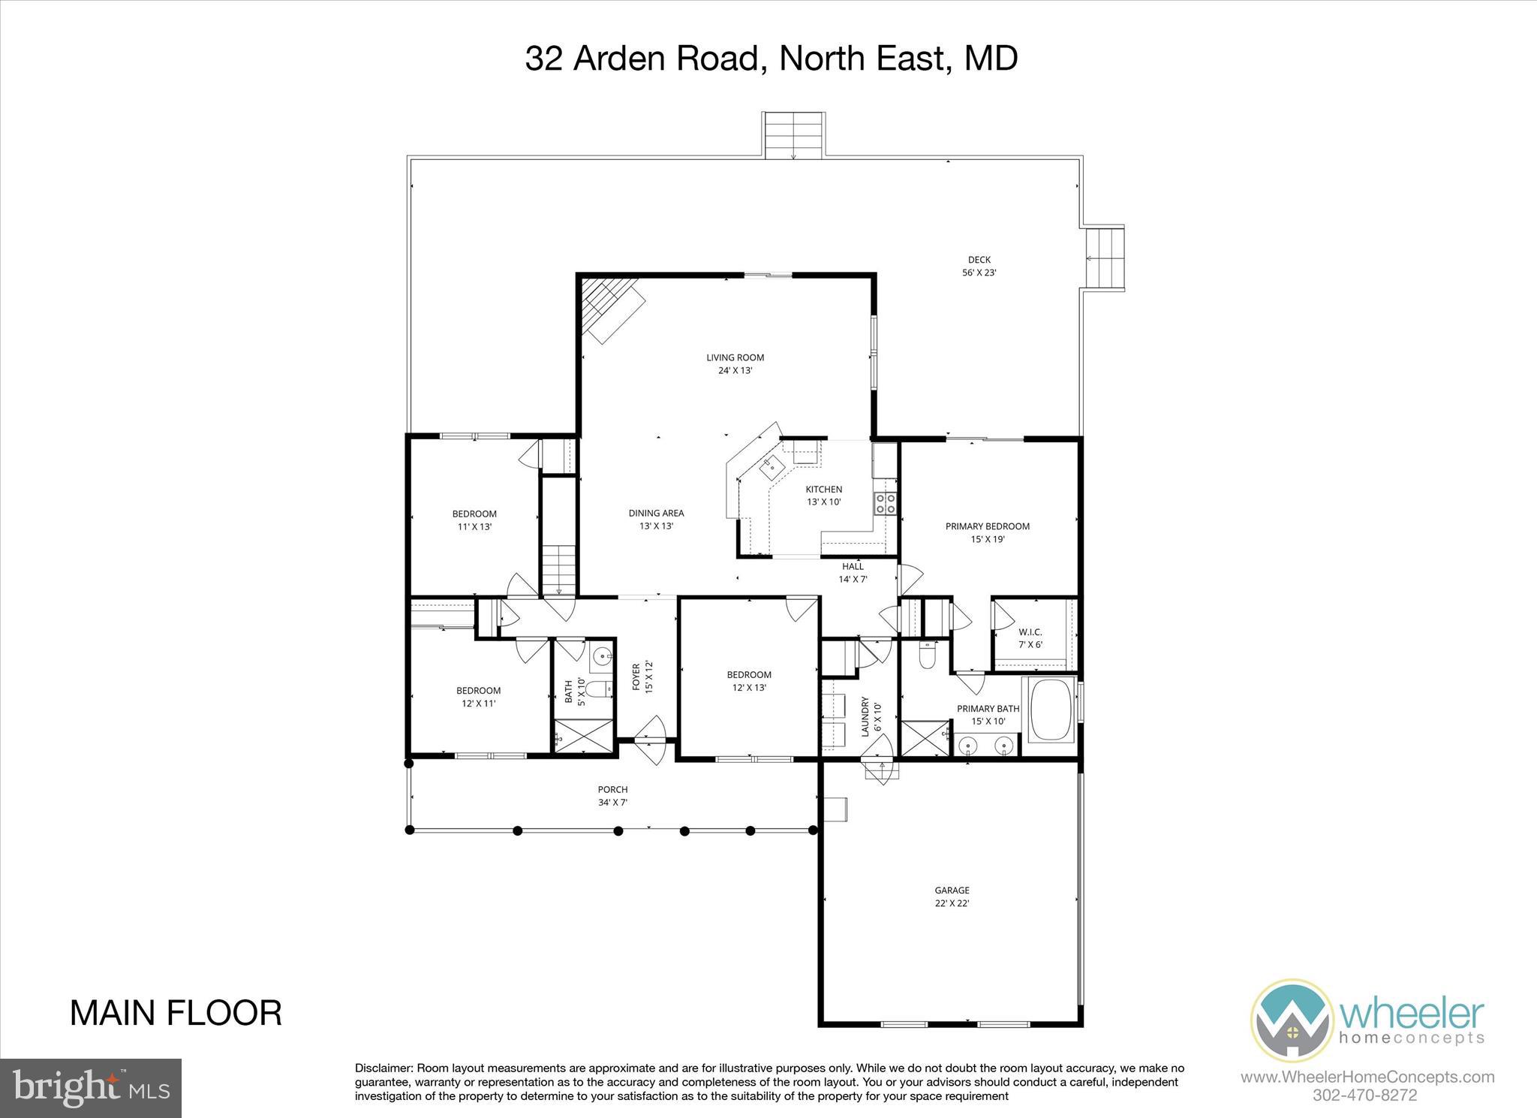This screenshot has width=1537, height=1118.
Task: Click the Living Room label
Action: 735,364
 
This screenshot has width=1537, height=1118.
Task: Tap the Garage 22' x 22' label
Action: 952,897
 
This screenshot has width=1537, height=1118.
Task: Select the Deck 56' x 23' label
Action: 979,267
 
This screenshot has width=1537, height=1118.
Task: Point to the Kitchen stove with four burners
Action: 886,503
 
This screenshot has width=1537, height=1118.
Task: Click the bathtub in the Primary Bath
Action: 1050,710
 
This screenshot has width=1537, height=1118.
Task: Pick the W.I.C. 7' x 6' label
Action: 1030,638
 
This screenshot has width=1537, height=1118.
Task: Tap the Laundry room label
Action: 871,716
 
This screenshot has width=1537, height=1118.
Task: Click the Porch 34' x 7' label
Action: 612,796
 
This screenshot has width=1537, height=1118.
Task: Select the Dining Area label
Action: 656,520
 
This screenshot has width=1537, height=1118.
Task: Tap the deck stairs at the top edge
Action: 794,135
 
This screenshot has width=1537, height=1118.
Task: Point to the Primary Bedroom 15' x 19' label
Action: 987,532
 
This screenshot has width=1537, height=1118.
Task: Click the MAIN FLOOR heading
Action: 176,1013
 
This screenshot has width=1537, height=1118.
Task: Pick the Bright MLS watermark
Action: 91,1088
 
